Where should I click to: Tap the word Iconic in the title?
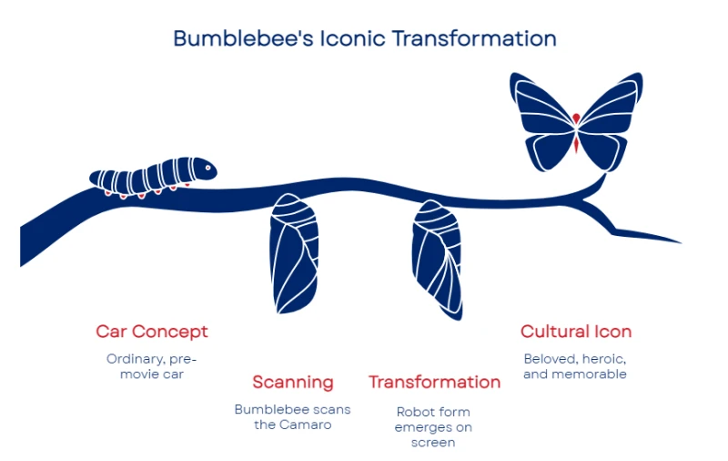point(353,38)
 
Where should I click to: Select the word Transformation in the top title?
point(474,38)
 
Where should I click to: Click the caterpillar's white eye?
point(208,168)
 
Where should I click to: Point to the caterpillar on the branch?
point(153,177)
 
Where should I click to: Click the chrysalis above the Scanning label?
point(294,254)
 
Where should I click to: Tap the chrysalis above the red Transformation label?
point(438,260)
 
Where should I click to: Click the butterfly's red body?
point(576,132)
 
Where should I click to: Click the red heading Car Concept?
point(152,332)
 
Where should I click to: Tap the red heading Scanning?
point(293,383)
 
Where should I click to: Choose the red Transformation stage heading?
point(435,382)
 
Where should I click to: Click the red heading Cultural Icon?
point(576,332)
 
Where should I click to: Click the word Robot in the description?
point(414,412)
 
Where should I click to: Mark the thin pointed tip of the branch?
point(681,242)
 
